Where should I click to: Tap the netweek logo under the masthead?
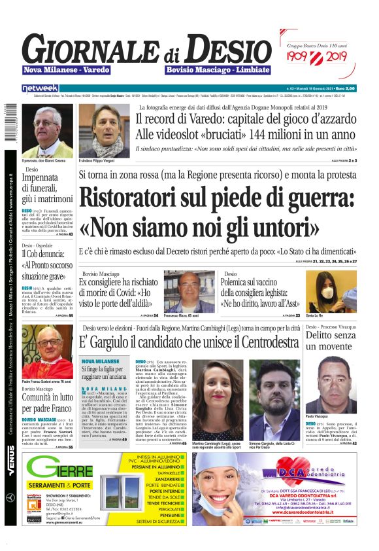click(41, 88)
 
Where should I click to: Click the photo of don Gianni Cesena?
click(47, 130)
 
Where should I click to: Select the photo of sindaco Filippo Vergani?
click(104, 130)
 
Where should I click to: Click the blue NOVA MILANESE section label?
click(99, 361)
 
